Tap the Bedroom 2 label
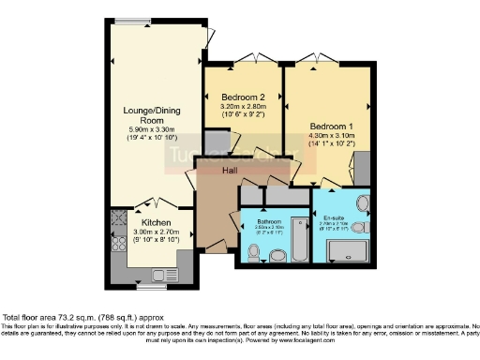point(242,97)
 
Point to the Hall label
point(230,171)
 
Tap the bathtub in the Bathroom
point(298,239)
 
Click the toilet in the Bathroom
point(253,251)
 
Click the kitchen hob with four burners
point(119,245)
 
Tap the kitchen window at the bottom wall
point(150,279)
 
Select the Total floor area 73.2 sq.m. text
point(71,318)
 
